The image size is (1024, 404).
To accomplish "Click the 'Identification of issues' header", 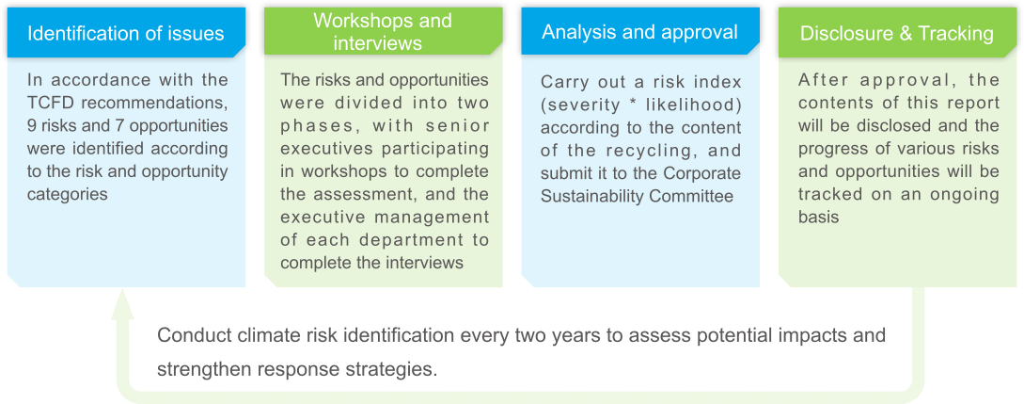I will pyautogui.click(x=126, y=34).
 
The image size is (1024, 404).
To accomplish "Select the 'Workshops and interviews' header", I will pyautogui.click(x=383, y=31).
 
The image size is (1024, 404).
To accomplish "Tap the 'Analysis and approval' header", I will pyautogui.click(x=639, y=32).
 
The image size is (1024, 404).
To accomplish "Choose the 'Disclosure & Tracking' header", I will pyautogui.click(x=896, y=34).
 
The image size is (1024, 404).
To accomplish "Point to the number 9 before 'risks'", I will pyautogui.click(x=32, y=125).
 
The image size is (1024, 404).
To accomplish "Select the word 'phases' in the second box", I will pyautogui.click(x=314, y=125).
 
